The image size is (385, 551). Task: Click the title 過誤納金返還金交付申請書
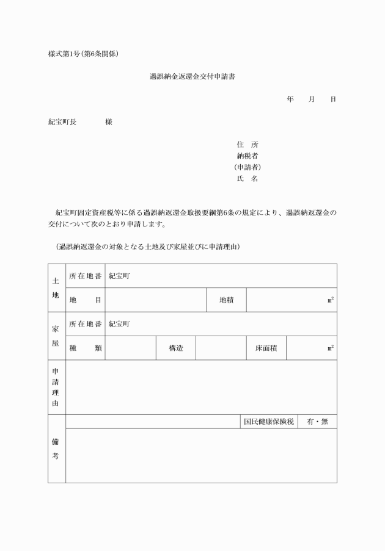tap(192, 77)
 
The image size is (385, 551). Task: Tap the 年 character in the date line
tap(290, 99)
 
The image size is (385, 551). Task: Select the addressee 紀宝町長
tap(62, 122)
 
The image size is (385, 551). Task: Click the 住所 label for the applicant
tap(248, 145)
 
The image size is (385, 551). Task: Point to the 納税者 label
tap(248, 156)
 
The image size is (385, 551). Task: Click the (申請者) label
tap(248, 167)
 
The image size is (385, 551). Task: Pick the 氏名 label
tap(248, 179)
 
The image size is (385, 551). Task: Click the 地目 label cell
tap(86, 300)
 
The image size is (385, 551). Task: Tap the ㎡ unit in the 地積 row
tap(330, 300)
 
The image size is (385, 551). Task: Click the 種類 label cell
tap(86, 348)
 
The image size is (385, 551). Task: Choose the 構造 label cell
tap(176, 348)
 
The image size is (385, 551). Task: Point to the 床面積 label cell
tap(266, 348)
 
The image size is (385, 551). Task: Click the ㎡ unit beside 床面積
tap(330, 348)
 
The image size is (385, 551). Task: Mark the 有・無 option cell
tap(317, 422)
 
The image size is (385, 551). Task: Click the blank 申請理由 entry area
tap(200, 387)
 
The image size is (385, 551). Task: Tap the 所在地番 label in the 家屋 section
tap(86, 324)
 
